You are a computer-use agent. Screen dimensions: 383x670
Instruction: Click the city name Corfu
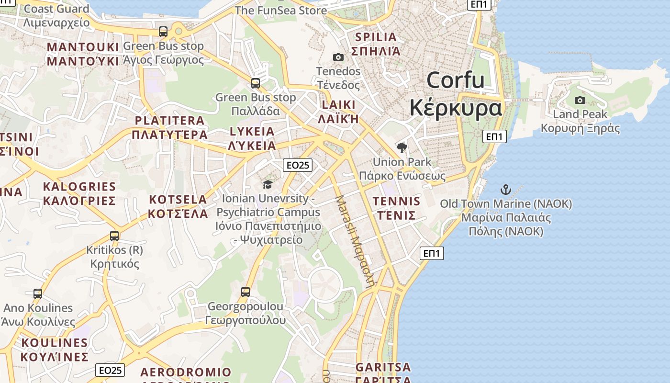click(x=455, y=80)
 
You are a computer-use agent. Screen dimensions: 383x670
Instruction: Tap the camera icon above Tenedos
click(x=338, y=57)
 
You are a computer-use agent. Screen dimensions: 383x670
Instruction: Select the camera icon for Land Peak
click(x=580, y=100)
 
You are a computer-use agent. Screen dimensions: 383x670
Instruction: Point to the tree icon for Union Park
click(x=402, y=147)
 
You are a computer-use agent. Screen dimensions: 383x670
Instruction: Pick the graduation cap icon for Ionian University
click(x=268, y=184)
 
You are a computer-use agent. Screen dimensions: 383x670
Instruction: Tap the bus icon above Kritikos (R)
click(x=114, y=236)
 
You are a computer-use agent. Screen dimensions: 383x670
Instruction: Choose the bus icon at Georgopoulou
click(x=246, y=292)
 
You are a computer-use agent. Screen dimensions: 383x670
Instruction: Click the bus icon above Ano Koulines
click(x=38, y=293)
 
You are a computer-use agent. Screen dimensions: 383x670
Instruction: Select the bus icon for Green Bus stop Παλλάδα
click(x=256, y=83)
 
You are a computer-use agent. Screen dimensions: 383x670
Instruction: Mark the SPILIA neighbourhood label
click(x=376, y=37)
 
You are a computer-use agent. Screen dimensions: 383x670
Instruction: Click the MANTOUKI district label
click(x=83, y=47)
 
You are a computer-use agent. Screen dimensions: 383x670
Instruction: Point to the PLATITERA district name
click(x=169, y=121)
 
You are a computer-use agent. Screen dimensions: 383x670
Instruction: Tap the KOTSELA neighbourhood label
click(x=178, y=200)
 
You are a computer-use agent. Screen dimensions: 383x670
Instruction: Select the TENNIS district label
click(x=396, y=201)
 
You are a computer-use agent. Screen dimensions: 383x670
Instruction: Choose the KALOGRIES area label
click(x=79, y=187)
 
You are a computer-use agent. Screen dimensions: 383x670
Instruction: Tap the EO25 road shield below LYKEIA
click(x=297, y=165)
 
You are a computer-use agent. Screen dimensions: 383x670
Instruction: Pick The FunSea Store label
click(x=281, y=10)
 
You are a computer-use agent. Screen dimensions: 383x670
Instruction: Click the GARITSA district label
click(x=383, y=368)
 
